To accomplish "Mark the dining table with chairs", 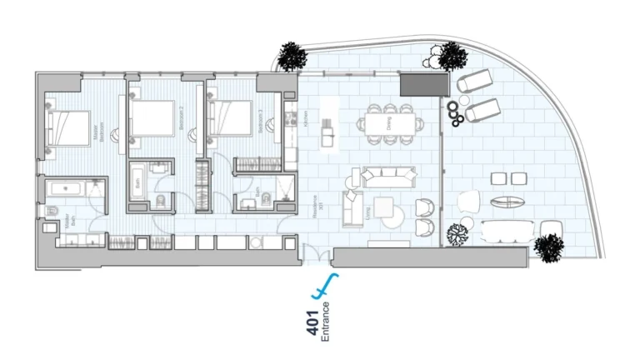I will (x=387, y=122).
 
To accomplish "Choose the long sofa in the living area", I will (x=387, y=176).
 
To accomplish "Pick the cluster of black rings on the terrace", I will (x=455, y=112).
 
